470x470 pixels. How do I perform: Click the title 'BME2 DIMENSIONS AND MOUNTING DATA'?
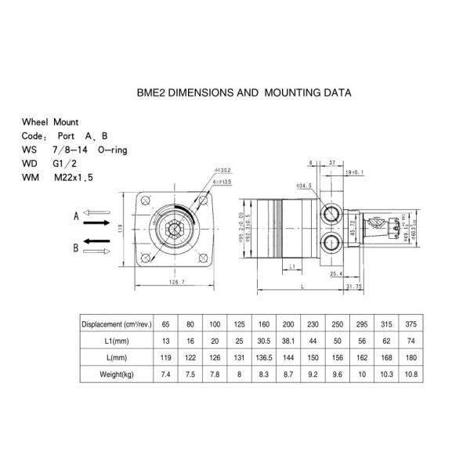pyautogui.click(x=244, y=92)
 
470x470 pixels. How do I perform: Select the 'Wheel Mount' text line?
pyautogui.click(x=50, y=123)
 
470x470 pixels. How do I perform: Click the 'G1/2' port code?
pyautogui.click(x=65, y=164)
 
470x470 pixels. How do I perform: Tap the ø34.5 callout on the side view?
pyautogui.click(x=305, y=186)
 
